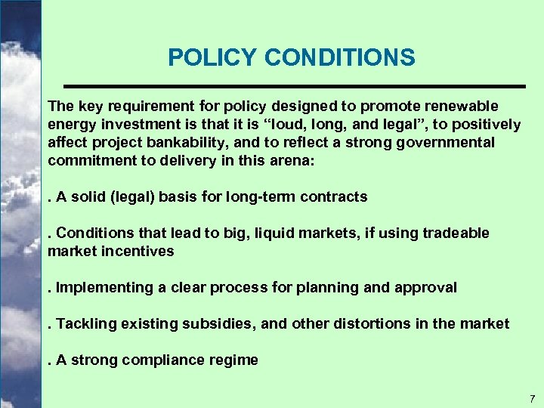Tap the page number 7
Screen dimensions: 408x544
(x=532, y=398)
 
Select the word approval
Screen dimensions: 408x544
(x=426, y=288)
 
